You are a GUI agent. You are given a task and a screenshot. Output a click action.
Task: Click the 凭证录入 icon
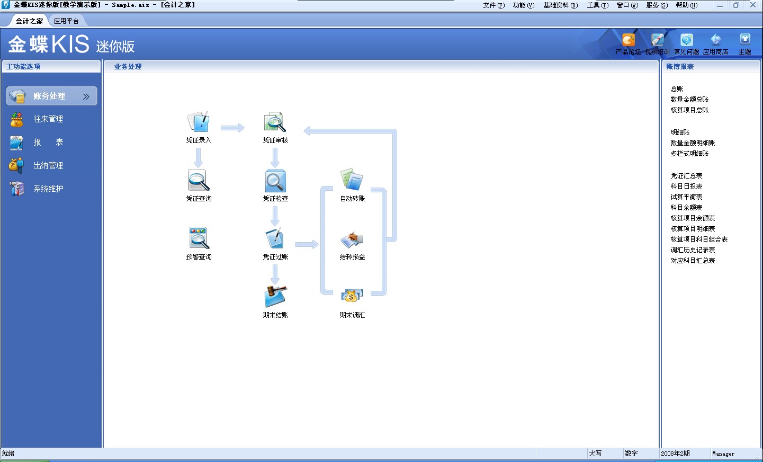coord(199,122)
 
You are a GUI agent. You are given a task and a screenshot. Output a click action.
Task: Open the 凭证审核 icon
coord(275,122)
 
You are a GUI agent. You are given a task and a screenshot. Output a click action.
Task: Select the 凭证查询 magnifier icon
coord(199,181)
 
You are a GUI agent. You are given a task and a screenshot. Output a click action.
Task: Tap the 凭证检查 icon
coord(275,181)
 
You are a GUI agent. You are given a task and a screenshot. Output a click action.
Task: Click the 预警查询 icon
coord(199,238)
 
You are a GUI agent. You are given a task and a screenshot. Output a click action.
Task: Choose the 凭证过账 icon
coord(275,238)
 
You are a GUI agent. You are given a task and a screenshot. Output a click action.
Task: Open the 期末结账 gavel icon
coord(275,297)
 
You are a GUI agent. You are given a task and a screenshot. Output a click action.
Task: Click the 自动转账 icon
coord(352,180)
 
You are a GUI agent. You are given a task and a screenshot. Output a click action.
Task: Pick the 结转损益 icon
coord(352,239)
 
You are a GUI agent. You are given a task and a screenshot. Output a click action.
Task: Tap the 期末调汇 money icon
coord(352,297)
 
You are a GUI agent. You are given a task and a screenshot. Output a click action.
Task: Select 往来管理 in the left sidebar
coord(48,119)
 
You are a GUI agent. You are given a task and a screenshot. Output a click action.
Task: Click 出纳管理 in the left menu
coord(48,166)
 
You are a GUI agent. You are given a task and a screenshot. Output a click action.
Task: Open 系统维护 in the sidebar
coord(48,189)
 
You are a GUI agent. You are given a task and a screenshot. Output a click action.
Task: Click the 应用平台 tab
coord(66,21)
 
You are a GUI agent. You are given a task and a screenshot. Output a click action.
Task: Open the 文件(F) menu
coord(493,5)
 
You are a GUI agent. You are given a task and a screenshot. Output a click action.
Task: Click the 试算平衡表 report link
coord(686,197)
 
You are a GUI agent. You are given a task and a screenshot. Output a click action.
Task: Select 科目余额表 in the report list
coord(686,208)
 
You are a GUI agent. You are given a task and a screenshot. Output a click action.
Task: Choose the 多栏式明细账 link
coord(689,154)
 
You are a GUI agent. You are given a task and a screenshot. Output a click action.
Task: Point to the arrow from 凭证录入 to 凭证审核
coord(232,128)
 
